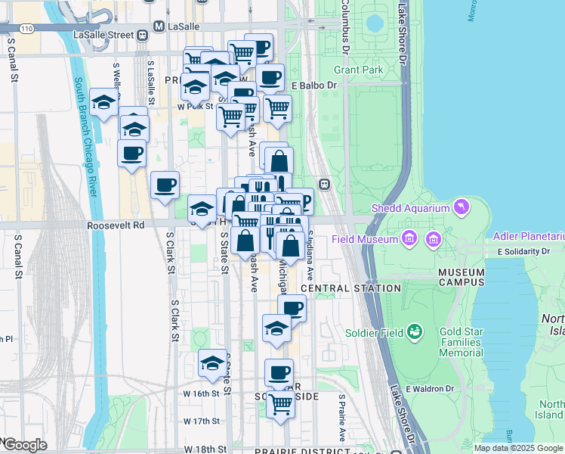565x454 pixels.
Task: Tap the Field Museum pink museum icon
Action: [409, 239]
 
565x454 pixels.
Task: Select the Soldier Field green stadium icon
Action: [414, 331]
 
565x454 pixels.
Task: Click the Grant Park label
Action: [359, 70]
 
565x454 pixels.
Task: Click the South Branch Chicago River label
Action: [85, 137]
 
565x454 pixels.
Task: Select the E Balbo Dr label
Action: [313, 85]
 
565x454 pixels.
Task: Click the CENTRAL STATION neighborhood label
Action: [350, 288]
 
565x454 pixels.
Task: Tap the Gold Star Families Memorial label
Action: [471, 343]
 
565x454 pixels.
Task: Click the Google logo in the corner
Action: [24, 444]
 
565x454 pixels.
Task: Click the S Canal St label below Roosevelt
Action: [16, 257]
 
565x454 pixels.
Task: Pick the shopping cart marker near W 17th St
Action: [280, 404]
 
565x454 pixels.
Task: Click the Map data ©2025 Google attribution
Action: [518, 447]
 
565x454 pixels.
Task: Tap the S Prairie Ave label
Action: [342, 418]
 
